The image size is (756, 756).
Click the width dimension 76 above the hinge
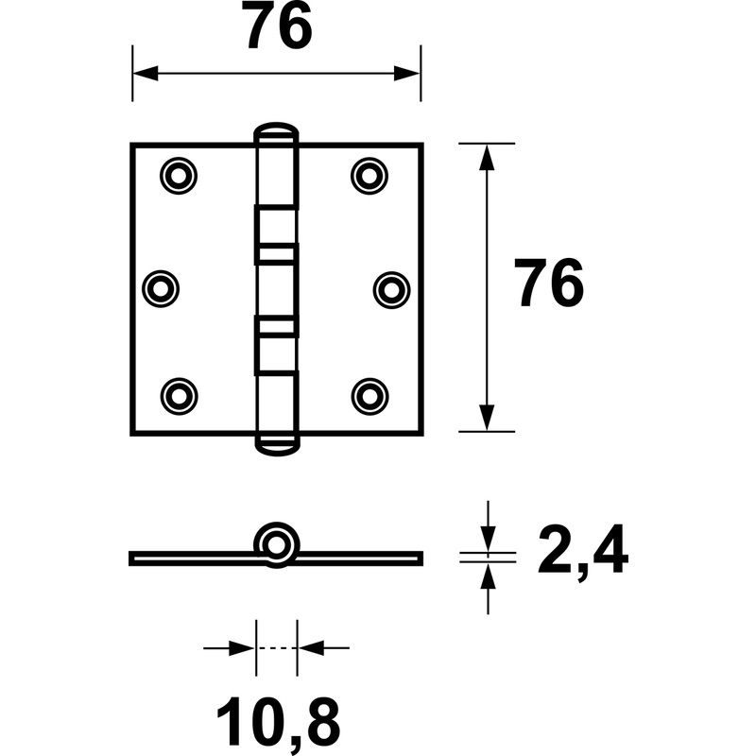[280, 26]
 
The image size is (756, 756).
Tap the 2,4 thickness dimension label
[583, 550]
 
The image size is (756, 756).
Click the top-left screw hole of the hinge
[179, 176]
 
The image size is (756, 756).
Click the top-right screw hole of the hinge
[369, 176]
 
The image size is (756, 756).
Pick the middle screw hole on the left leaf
[161, 289]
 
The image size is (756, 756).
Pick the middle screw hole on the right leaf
[391, 290]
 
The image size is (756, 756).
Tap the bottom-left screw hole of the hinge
[179, 396]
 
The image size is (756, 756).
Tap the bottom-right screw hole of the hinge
[369, 396]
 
